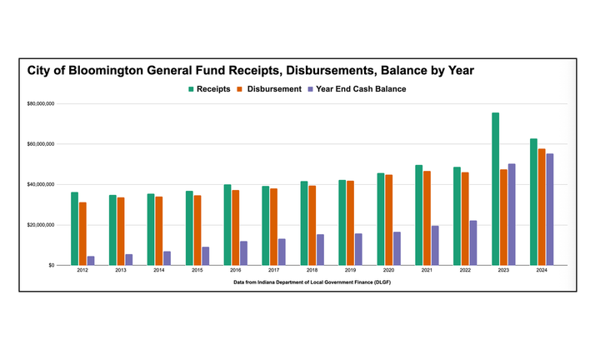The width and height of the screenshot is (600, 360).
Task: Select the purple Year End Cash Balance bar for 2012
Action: pyautogui.click(x=91, y=260)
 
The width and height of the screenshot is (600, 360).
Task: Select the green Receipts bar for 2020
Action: pyautogui.click(x=381, y=219)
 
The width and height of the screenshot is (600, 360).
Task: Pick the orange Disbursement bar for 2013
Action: pyautogui.click(x=121, y=231)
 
